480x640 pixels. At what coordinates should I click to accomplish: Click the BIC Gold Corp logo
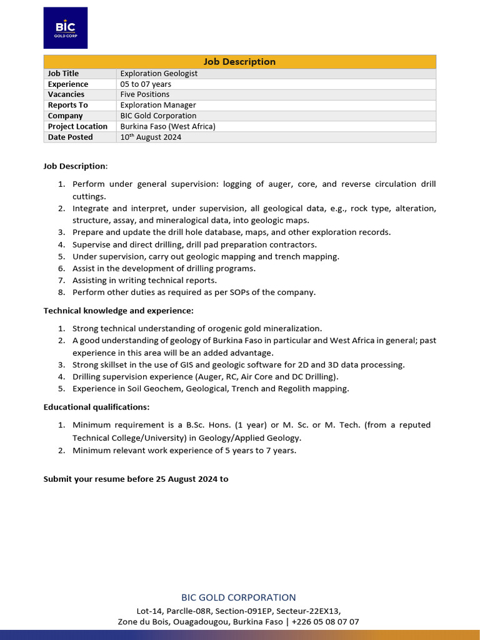(65, 28)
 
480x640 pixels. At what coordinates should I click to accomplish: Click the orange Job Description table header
(239, 61)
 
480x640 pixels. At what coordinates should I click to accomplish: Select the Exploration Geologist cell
(159, 74)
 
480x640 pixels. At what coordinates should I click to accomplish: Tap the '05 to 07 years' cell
(146, 84)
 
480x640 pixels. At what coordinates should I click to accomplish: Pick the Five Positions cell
(145, 94)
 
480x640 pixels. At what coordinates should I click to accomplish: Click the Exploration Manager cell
(158, 105)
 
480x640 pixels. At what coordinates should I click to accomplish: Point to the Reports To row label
(68, 105)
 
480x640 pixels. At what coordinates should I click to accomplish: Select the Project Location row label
(77, 126)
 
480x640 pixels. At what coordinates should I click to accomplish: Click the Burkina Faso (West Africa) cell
(167, 126)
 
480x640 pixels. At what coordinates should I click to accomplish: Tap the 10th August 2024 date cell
(151, 137)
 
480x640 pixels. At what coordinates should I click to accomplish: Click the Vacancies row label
(66, 94)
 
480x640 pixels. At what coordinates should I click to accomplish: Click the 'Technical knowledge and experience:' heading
(118, 311)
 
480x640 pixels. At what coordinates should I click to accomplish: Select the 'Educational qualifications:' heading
(96, 407)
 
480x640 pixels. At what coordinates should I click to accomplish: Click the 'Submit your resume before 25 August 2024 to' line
(136, 479)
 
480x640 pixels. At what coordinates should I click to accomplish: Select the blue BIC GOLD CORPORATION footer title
(239, 597)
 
